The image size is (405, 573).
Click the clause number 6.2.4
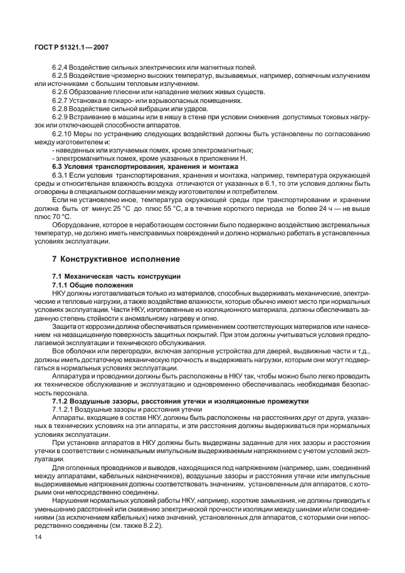point(61,67)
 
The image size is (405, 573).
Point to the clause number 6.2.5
point(61,75)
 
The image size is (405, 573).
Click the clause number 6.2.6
point(61,92)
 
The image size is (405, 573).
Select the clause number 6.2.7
point(61,100)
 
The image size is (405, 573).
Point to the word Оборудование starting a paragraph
point(77,224)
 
